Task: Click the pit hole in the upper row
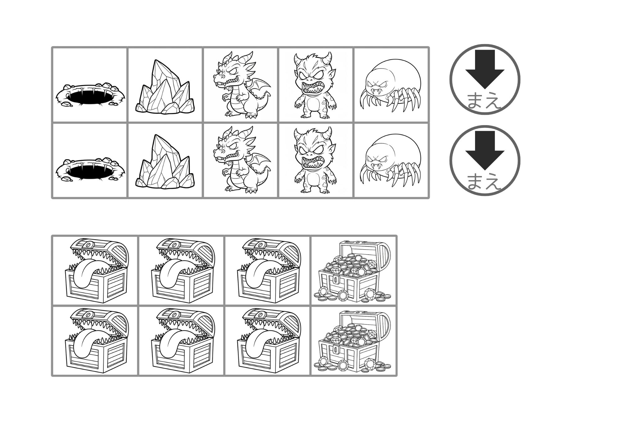(91, 95)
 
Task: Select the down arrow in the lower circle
(485, 150)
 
